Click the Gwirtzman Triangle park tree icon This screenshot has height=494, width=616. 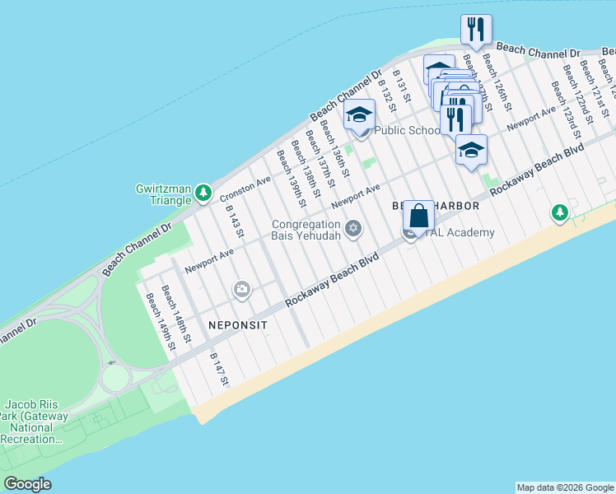(203, 193)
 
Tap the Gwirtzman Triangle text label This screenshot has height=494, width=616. (163, 194)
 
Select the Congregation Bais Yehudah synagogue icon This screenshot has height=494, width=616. (353, 228)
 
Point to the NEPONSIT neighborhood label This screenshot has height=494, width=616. (238, 325)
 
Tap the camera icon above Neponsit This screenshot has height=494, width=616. (242, 288)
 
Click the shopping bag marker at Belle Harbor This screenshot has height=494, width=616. (418, 217)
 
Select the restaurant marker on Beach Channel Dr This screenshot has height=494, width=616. (476, 30)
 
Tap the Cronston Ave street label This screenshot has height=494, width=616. (245, 189)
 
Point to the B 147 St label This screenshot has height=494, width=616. (218, 370)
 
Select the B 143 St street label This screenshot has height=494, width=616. (235, 221)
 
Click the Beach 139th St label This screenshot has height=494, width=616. (292, 178)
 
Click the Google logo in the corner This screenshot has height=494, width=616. (27, 484)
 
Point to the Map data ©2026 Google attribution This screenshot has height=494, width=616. (565, 487)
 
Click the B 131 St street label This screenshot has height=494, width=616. (400, 91)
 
